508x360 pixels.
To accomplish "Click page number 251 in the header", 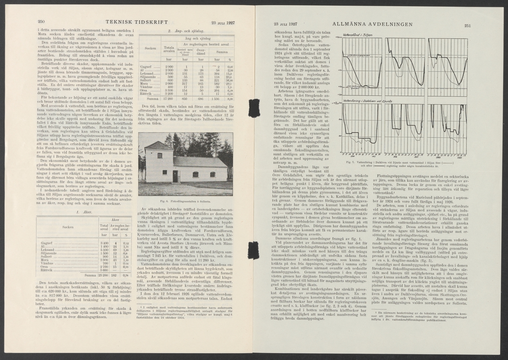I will [x=467, y=26].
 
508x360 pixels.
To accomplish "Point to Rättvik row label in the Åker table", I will [x=48, y=271].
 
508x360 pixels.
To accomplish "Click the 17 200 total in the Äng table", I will [x=168, y=98].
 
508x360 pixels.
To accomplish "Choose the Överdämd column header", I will [x=202, y=53].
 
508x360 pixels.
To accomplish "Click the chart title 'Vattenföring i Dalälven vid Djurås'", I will [x=369, y=102].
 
